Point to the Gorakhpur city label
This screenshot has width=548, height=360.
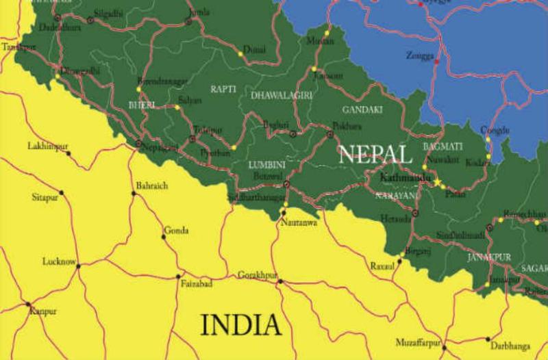coord(257,275)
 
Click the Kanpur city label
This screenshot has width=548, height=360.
coord(42,311)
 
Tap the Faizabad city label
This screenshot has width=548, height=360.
coord(196,283)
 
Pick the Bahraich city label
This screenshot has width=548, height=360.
coord(151,185)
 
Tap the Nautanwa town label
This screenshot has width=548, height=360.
coord(296,223)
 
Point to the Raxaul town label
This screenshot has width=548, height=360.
coord(382,265)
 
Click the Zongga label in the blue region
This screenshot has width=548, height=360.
coord(419,54)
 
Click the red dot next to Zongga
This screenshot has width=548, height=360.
coord(436,62)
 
